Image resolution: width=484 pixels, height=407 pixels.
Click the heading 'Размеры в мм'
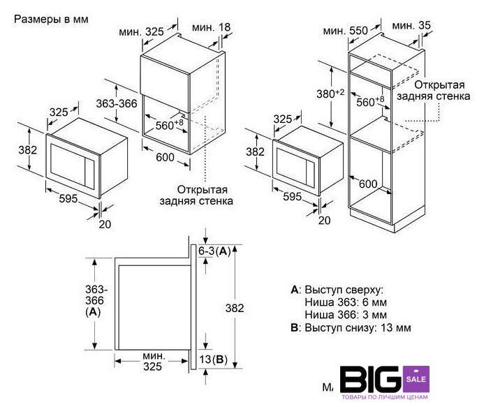pyautogui.click(x=51, y=19)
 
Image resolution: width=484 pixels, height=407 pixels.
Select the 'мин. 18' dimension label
pyautogui.click(x=211, y=27)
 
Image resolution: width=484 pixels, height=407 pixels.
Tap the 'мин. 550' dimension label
pyautogui.click(x=346, y=31)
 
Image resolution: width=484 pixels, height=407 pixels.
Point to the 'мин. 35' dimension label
pyautogui.click(x=411, y=25)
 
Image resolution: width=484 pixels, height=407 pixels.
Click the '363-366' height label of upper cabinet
pyautogui.click(x=117, y=104)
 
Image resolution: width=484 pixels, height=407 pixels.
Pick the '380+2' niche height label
pyautogui.click(x=330, y=93)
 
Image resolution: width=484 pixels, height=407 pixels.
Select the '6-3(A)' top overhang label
pyautogui.click(x=214, y=251)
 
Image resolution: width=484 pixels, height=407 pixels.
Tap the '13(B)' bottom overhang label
pyautogui.click(x=213, y=359)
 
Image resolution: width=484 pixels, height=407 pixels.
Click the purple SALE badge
pyautogui.click(x=416, y=379)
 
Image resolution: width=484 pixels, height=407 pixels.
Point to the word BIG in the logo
pyautogui.click(x=372, y=379)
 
